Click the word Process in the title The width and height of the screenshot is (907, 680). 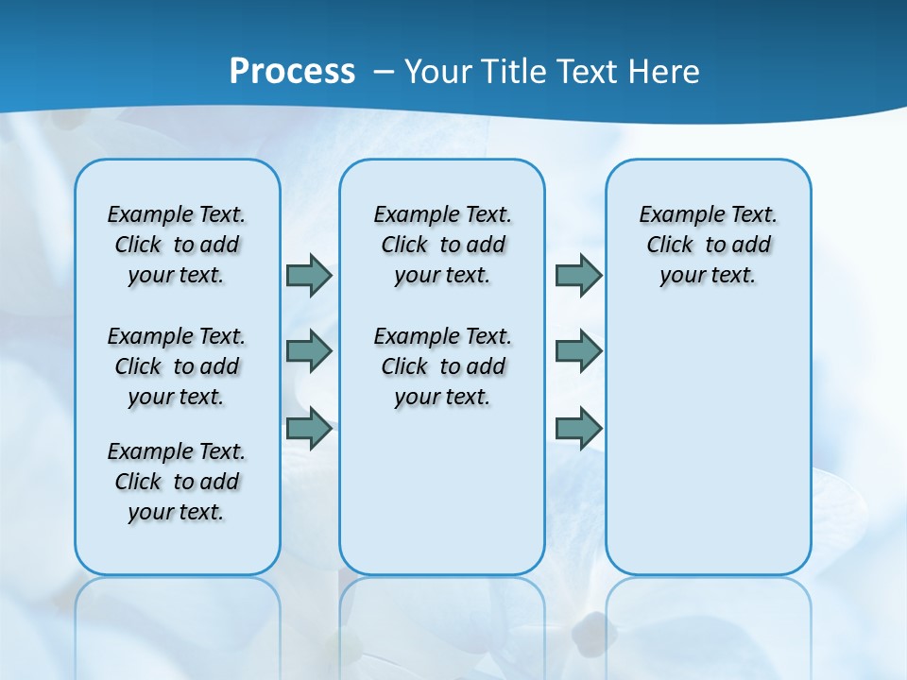pos(292,71)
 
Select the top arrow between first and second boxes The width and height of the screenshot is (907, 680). pos(309,275)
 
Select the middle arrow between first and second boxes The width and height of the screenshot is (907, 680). pos(309,351)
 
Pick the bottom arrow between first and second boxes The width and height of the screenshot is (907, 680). pos(309,429)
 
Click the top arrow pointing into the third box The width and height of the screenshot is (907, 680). pos(578,275)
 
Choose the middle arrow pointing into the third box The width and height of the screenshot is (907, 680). pos(578,351)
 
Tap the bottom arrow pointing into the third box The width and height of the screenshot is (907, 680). pos(578,429)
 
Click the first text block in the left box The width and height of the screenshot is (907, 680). pos(177,245)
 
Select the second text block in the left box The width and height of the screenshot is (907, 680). pos(177,366)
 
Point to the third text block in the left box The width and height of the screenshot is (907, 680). pos(177,482)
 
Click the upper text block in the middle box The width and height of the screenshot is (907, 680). pos(442,245)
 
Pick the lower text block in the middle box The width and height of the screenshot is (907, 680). pos(442,366)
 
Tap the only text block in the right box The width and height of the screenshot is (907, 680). pos(708,245)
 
